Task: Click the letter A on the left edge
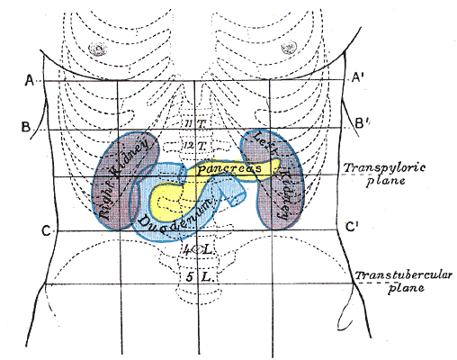click(x=29, y=81)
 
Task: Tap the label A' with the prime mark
click(x=357, y=80)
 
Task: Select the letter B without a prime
click(x=26, y=126)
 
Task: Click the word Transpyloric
click(x=373, y=167)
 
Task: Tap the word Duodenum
click(x=175, y=219)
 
